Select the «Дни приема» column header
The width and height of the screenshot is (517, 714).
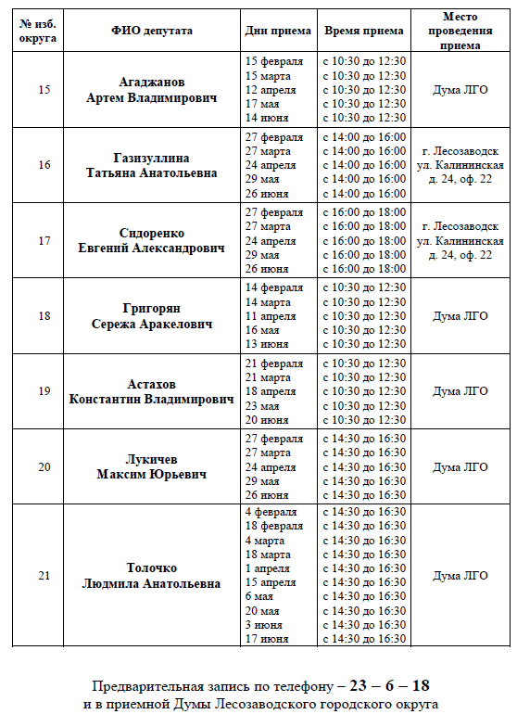278,31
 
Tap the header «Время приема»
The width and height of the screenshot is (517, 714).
364,31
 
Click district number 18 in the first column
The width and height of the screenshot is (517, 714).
44,315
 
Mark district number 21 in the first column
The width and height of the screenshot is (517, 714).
44,575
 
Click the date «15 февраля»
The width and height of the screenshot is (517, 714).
274,61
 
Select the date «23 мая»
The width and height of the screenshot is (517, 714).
263,405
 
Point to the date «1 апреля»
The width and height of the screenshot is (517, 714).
268,568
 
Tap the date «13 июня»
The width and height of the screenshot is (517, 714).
267,344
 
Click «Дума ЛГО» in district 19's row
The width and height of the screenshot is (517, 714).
460,391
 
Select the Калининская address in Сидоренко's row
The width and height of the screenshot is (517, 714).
460,240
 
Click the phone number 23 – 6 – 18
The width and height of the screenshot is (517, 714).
390,686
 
